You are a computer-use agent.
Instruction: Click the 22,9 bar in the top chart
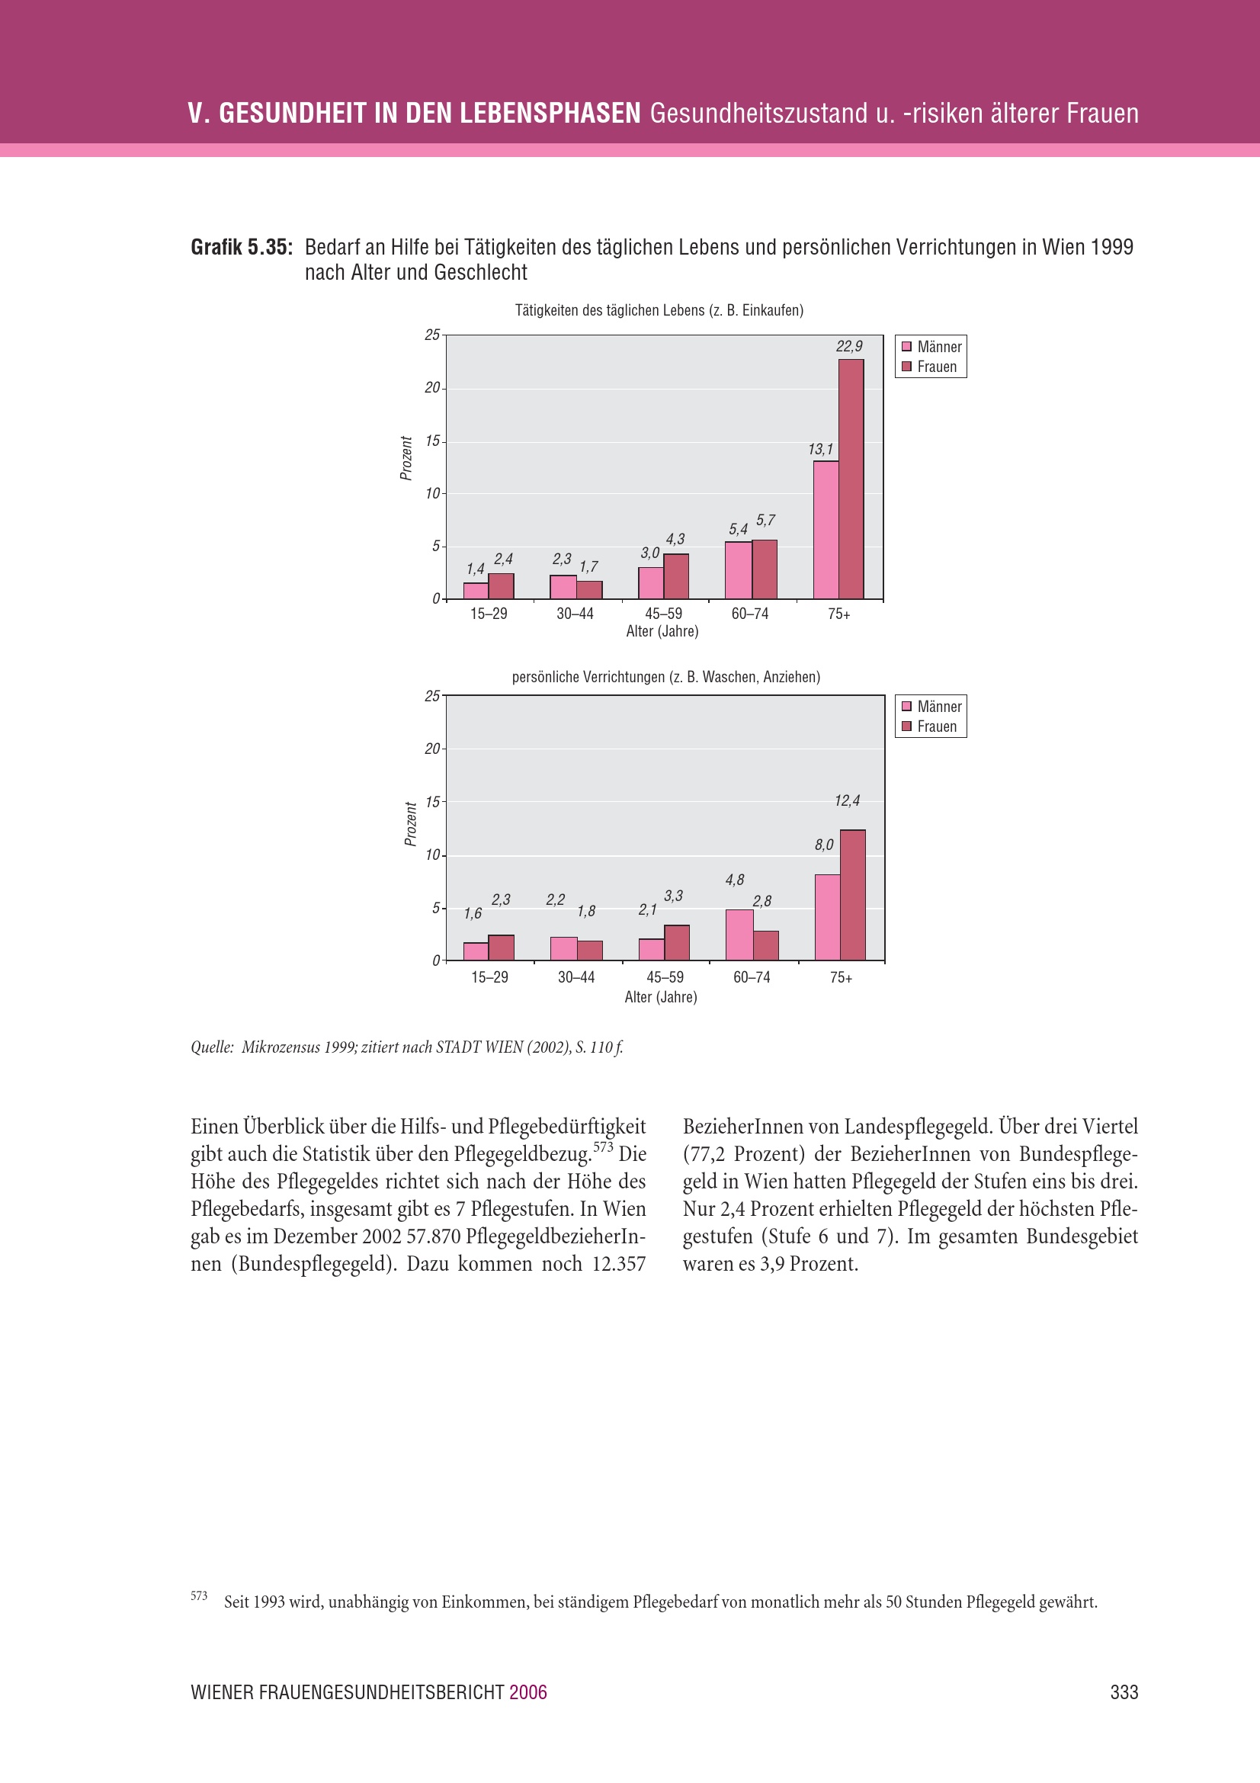pyautogui.click(x=851, y=479)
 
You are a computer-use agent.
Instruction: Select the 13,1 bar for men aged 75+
pyautogui.click(x=826, y=531)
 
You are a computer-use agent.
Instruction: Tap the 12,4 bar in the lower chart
pyautogui.click(x=852, y=895)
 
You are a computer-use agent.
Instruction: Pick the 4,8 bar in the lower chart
pyautogui.click(x=739, y=935)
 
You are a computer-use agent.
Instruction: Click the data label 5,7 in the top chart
pyautogui.click(x=765, y=521)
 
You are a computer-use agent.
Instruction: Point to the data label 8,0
pyautogui.click(x=824, y=845)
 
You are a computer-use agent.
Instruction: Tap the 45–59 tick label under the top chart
pyautogui.click(x=663, y=614)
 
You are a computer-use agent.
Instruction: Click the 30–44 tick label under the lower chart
pyautogui.click(x=576, y=978)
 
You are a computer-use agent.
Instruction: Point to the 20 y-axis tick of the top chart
pyautogui.click(x=431, y=387)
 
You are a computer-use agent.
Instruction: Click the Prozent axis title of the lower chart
pyautogui.click(x=411, y=824)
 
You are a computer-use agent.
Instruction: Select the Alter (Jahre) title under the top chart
pyautogui.click(x=662, y=631)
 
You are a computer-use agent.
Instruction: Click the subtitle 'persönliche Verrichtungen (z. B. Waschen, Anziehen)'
pyautogui.click(x=665, y=677)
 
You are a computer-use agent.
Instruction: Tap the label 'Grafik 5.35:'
pyautogui.click(x=242, y=248)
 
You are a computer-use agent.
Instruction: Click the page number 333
pyautogui.click(x=1124, y=1693)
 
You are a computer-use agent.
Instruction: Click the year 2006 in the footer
pyautogui.click(x=528, y=1693)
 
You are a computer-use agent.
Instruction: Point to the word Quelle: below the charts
pyautogui.click(x=212, y=1047)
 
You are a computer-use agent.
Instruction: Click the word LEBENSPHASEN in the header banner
pyautogui.click(x=550, y=114)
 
